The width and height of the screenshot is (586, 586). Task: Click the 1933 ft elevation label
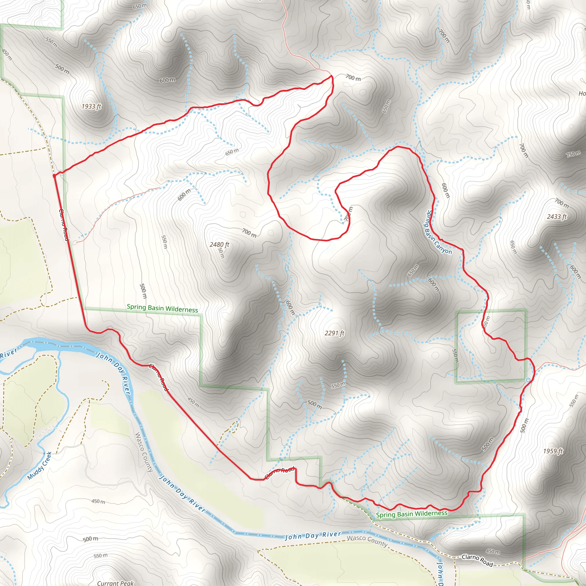pyautogui.click(x=91, y=106)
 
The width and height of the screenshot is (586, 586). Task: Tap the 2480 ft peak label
pyautogui.click(x=219, y=244)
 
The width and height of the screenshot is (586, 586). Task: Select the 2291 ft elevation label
pyautogui.click(x=334, y=333)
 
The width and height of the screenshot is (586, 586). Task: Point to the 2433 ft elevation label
pyautogui.click(x=557, y=217)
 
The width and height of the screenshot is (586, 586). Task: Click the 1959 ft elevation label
pyautogui.click(x=553, y=451)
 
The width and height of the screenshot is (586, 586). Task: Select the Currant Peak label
pyautogui.click(x=115, y=583)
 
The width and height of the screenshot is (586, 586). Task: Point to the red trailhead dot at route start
pyautogui.click(x=54, y=176)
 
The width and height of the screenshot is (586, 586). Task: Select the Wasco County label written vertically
pyautogui.click(x=143, y=452)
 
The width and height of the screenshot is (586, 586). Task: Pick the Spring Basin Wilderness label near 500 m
pyautogui.click(x=162, y=308)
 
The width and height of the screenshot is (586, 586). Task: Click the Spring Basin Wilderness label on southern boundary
pyautogui.click(x=411, y=514)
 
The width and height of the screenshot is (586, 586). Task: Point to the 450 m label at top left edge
pyautogui.click(x=7, y=55)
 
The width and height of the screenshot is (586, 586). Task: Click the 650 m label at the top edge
pyautogui.click(x=140, y=6)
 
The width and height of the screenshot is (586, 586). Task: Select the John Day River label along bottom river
pyautogui.click(x=313, y=536)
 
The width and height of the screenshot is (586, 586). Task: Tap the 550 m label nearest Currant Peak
pyautogui.click(x=100, y=556)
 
